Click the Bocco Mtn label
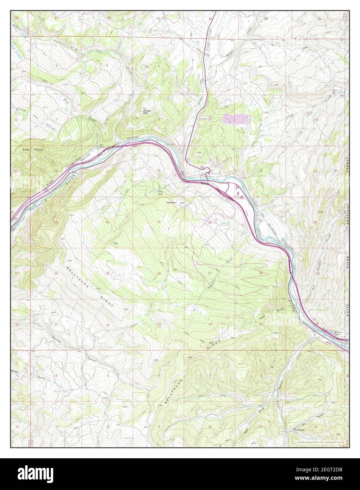(x=147, y=112)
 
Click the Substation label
(x=173, y=203)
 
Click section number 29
(x=107, y=274)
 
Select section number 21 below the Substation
(x=159, y=222)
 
